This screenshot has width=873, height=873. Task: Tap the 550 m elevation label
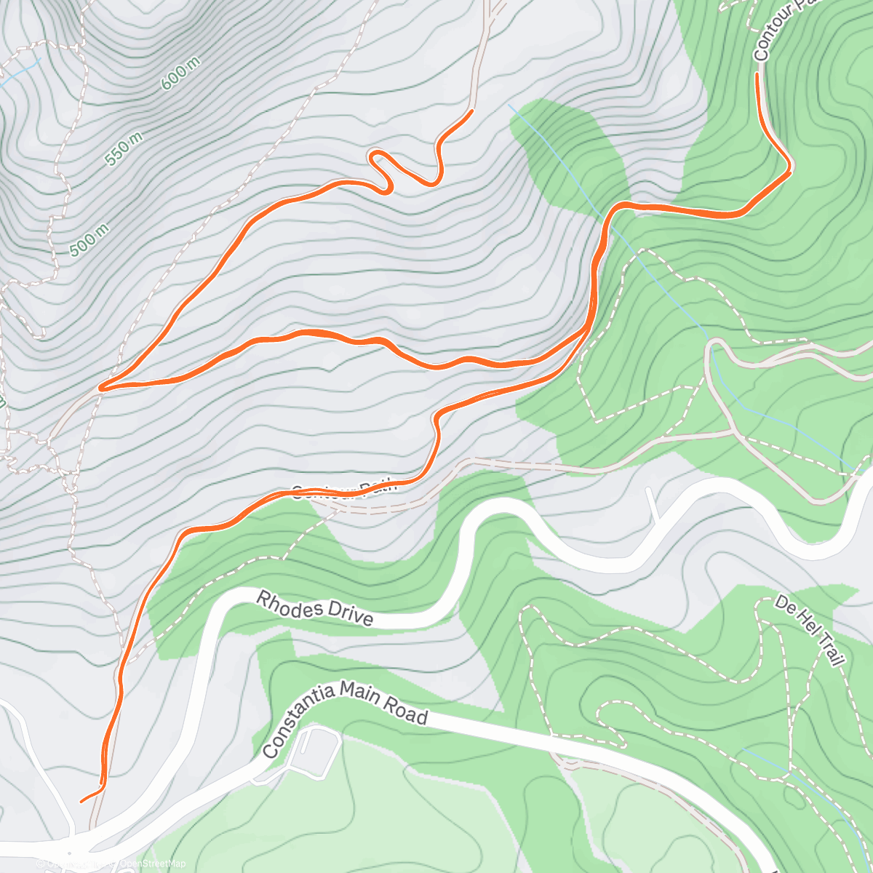(124, 149)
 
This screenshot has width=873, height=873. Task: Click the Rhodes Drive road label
(316, 608)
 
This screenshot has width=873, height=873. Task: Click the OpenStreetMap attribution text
(153, 864)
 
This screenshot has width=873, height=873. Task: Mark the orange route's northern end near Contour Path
(758, 74)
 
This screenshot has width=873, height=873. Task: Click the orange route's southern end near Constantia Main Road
(81, 801)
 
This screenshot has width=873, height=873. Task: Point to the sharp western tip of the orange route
(102, 388)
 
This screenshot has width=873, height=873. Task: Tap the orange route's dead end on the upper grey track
(472, 111)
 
